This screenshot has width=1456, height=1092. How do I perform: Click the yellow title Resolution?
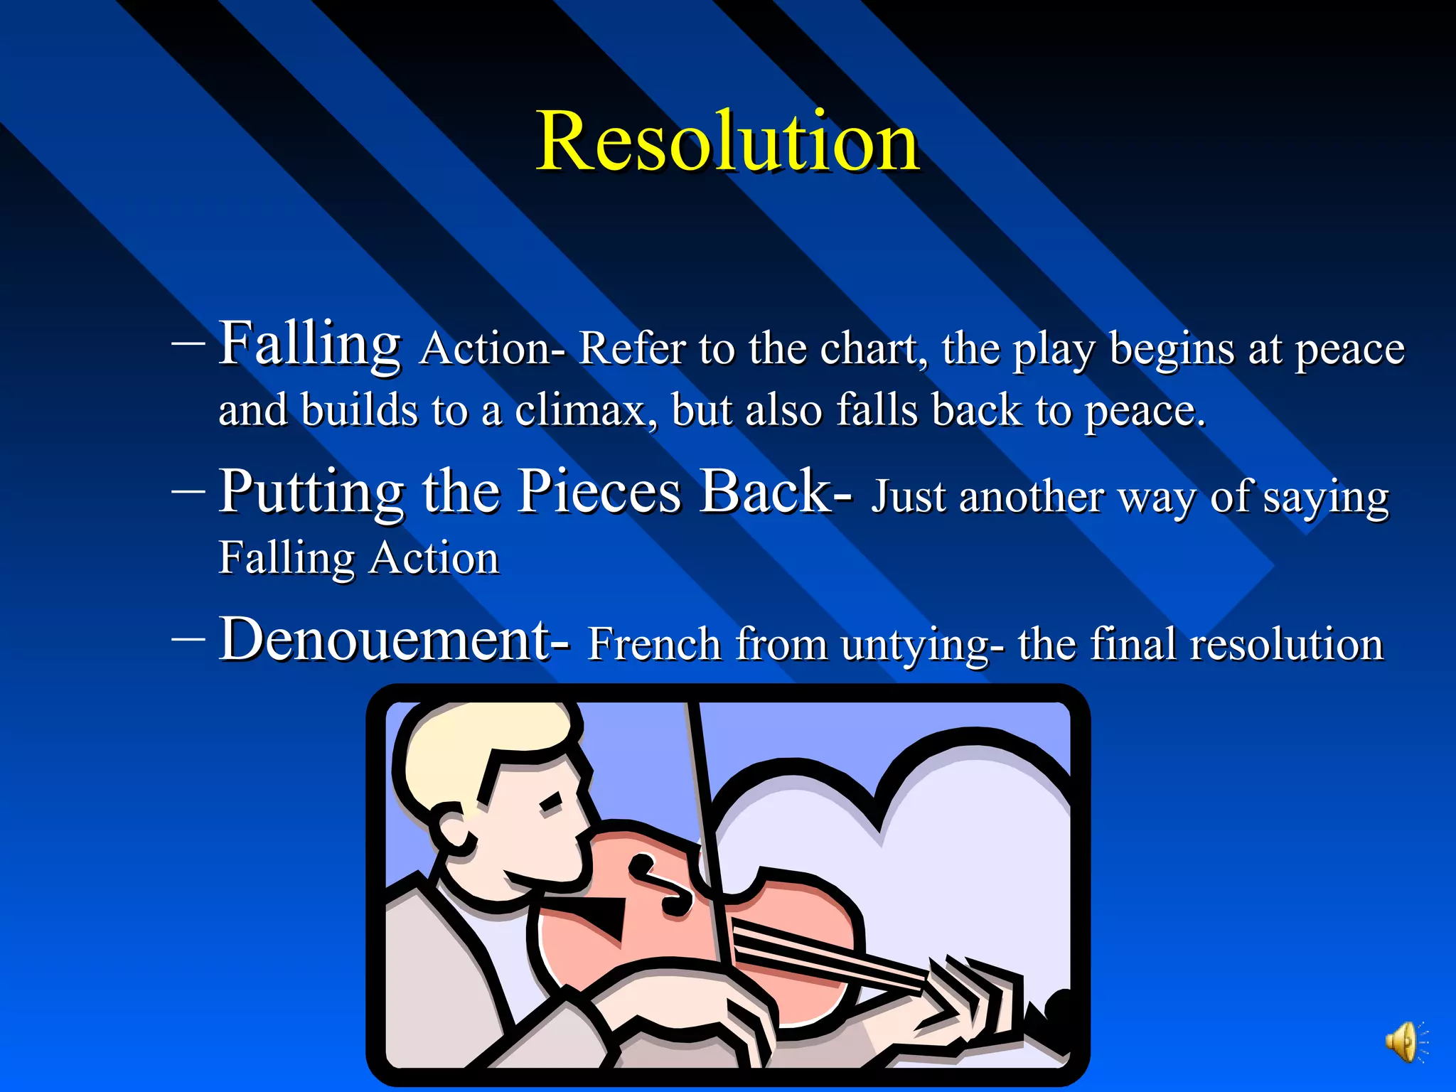[727, 141]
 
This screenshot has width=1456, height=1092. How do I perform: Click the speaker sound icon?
[1403, 1043]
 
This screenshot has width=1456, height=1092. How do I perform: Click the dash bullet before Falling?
[188, 343]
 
